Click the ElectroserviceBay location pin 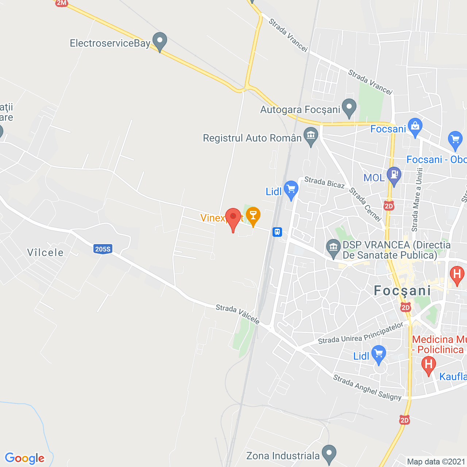pyautogui.click(x=159, y=42)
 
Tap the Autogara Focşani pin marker pyautogui.click(x=349, y=108)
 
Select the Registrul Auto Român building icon pyautogui.click(x=311, y=136)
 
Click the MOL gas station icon pyautogui.click(x=394, y=176)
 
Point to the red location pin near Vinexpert pyautogui.click(x=233, y=218)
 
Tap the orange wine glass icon pyautogui.click(x=253, y=216)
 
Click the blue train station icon pyautogui.click(x=277, y=232)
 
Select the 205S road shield pyautogui.click(x=103, y=249)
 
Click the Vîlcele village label pyautogui.click(x=46, y=252)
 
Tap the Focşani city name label pyautogui.click(x=402, y=291)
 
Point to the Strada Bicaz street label pyautogui.click(x=324, y=182)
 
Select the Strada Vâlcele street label pyautogui.click(x=238, y=314)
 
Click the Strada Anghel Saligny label pyautogui.click(x=367, y=387)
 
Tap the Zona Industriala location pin pyautogui.click(x=329, y=454)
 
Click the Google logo pyautogui.click(x=25, y=459)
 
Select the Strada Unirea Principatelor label pyautogui.click(x=361, y=333)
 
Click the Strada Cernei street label pyautogui.click(x=365, y=204)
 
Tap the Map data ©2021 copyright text pyautogui.click(x=436, y=462)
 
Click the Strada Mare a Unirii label pyautogui.click(x=417, y=200)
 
